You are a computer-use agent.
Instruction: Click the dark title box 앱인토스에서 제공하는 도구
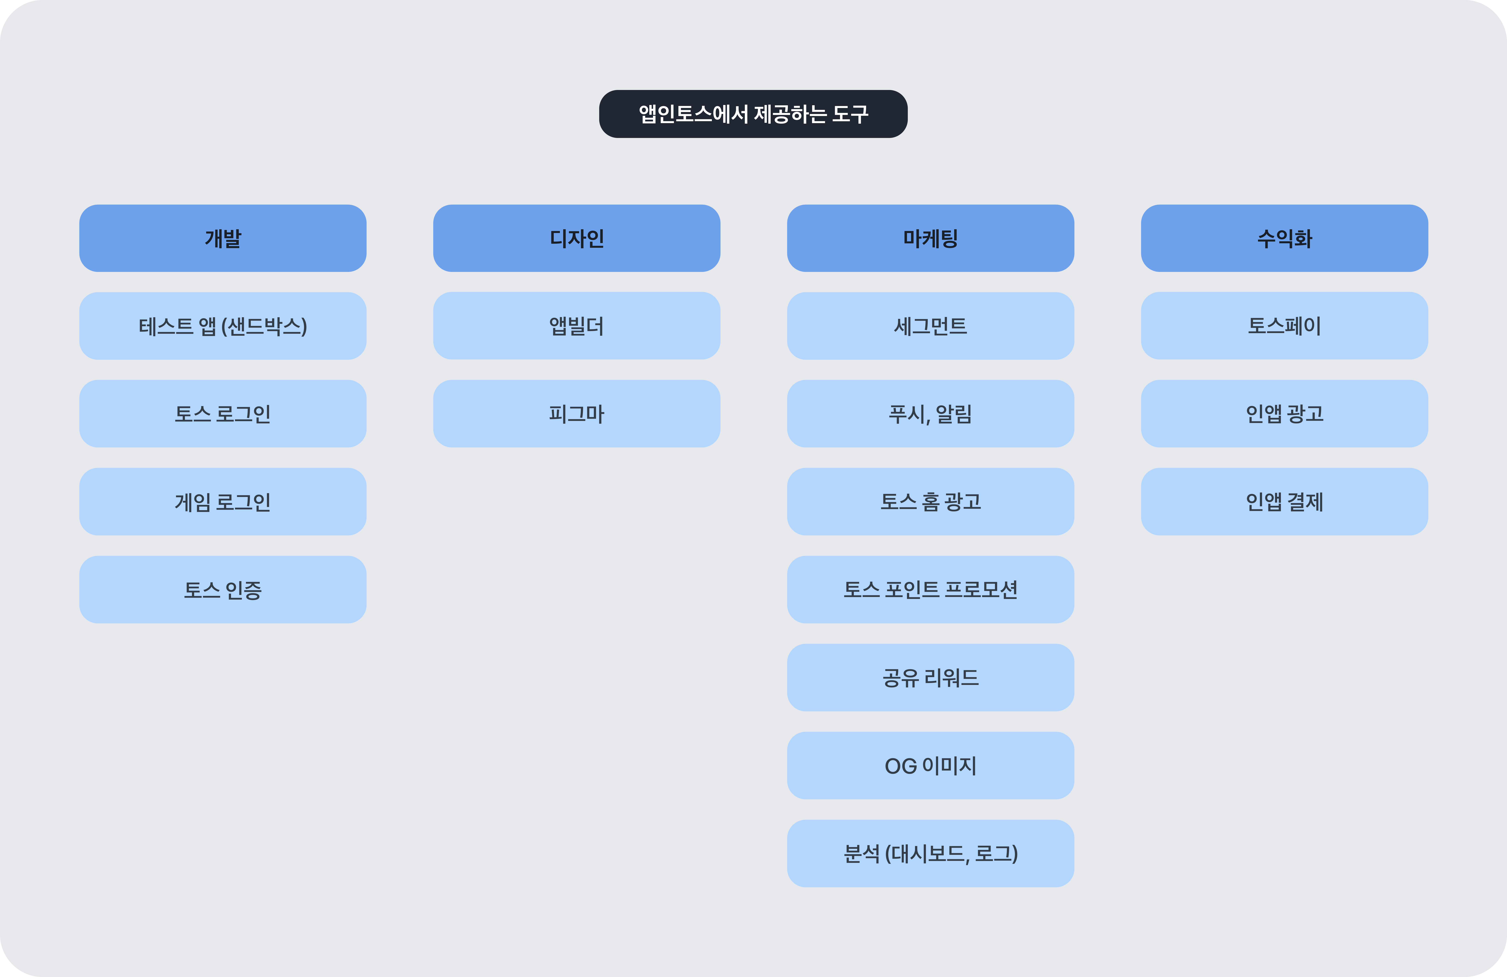point(753,114)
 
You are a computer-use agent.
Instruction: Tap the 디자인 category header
point(576,238)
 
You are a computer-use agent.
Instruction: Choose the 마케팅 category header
point(930,238)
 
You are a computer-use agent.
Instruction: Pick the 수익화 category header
point(1284,238)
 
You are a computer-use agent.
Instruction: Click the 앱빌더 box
point(576,326)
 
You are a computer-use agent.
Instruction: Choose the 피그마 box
point(576,414)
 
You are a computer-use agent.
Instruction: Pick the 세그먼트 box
point(930,326)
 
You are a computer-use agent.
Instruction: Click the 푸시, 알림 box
point(930,414)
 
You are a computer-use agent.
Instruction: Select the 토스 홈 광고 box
point(930,501)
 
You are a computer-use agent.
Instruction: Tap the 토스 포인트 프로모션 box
point(930,589)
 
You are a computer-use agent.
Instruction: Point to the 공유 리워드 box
point(930,677)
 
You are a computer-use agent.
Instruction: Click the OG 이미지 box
point(930,766)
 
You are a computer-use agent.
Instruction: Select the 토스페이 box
point(1284,326)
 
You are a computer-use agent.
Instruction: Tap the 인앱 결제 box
point(1284,501)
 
